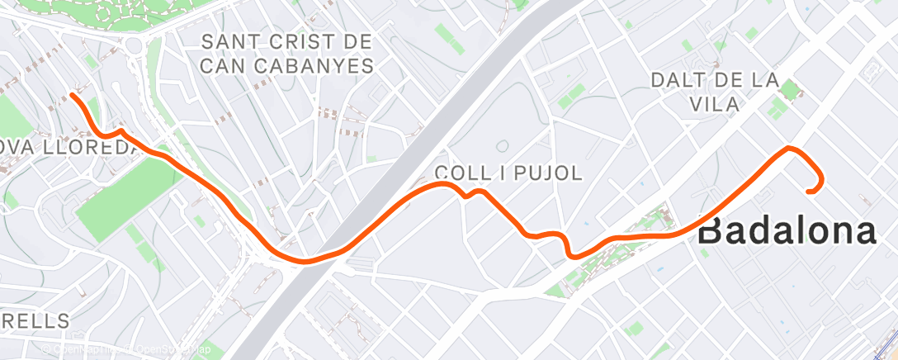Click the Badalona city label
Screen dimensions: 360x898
[x=787, y=230]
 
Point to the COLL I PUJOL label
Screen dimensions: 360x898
[x=508, y=173]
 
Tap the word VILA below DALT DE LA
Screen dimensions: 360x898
[x=714, y=103]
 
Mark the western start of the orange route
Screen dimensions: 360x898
[x=73, y=96]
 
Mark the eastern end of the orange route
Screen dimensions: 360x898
[x=809, y=192]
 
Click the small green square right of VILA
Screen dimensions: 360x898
[x=790, y=90]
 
